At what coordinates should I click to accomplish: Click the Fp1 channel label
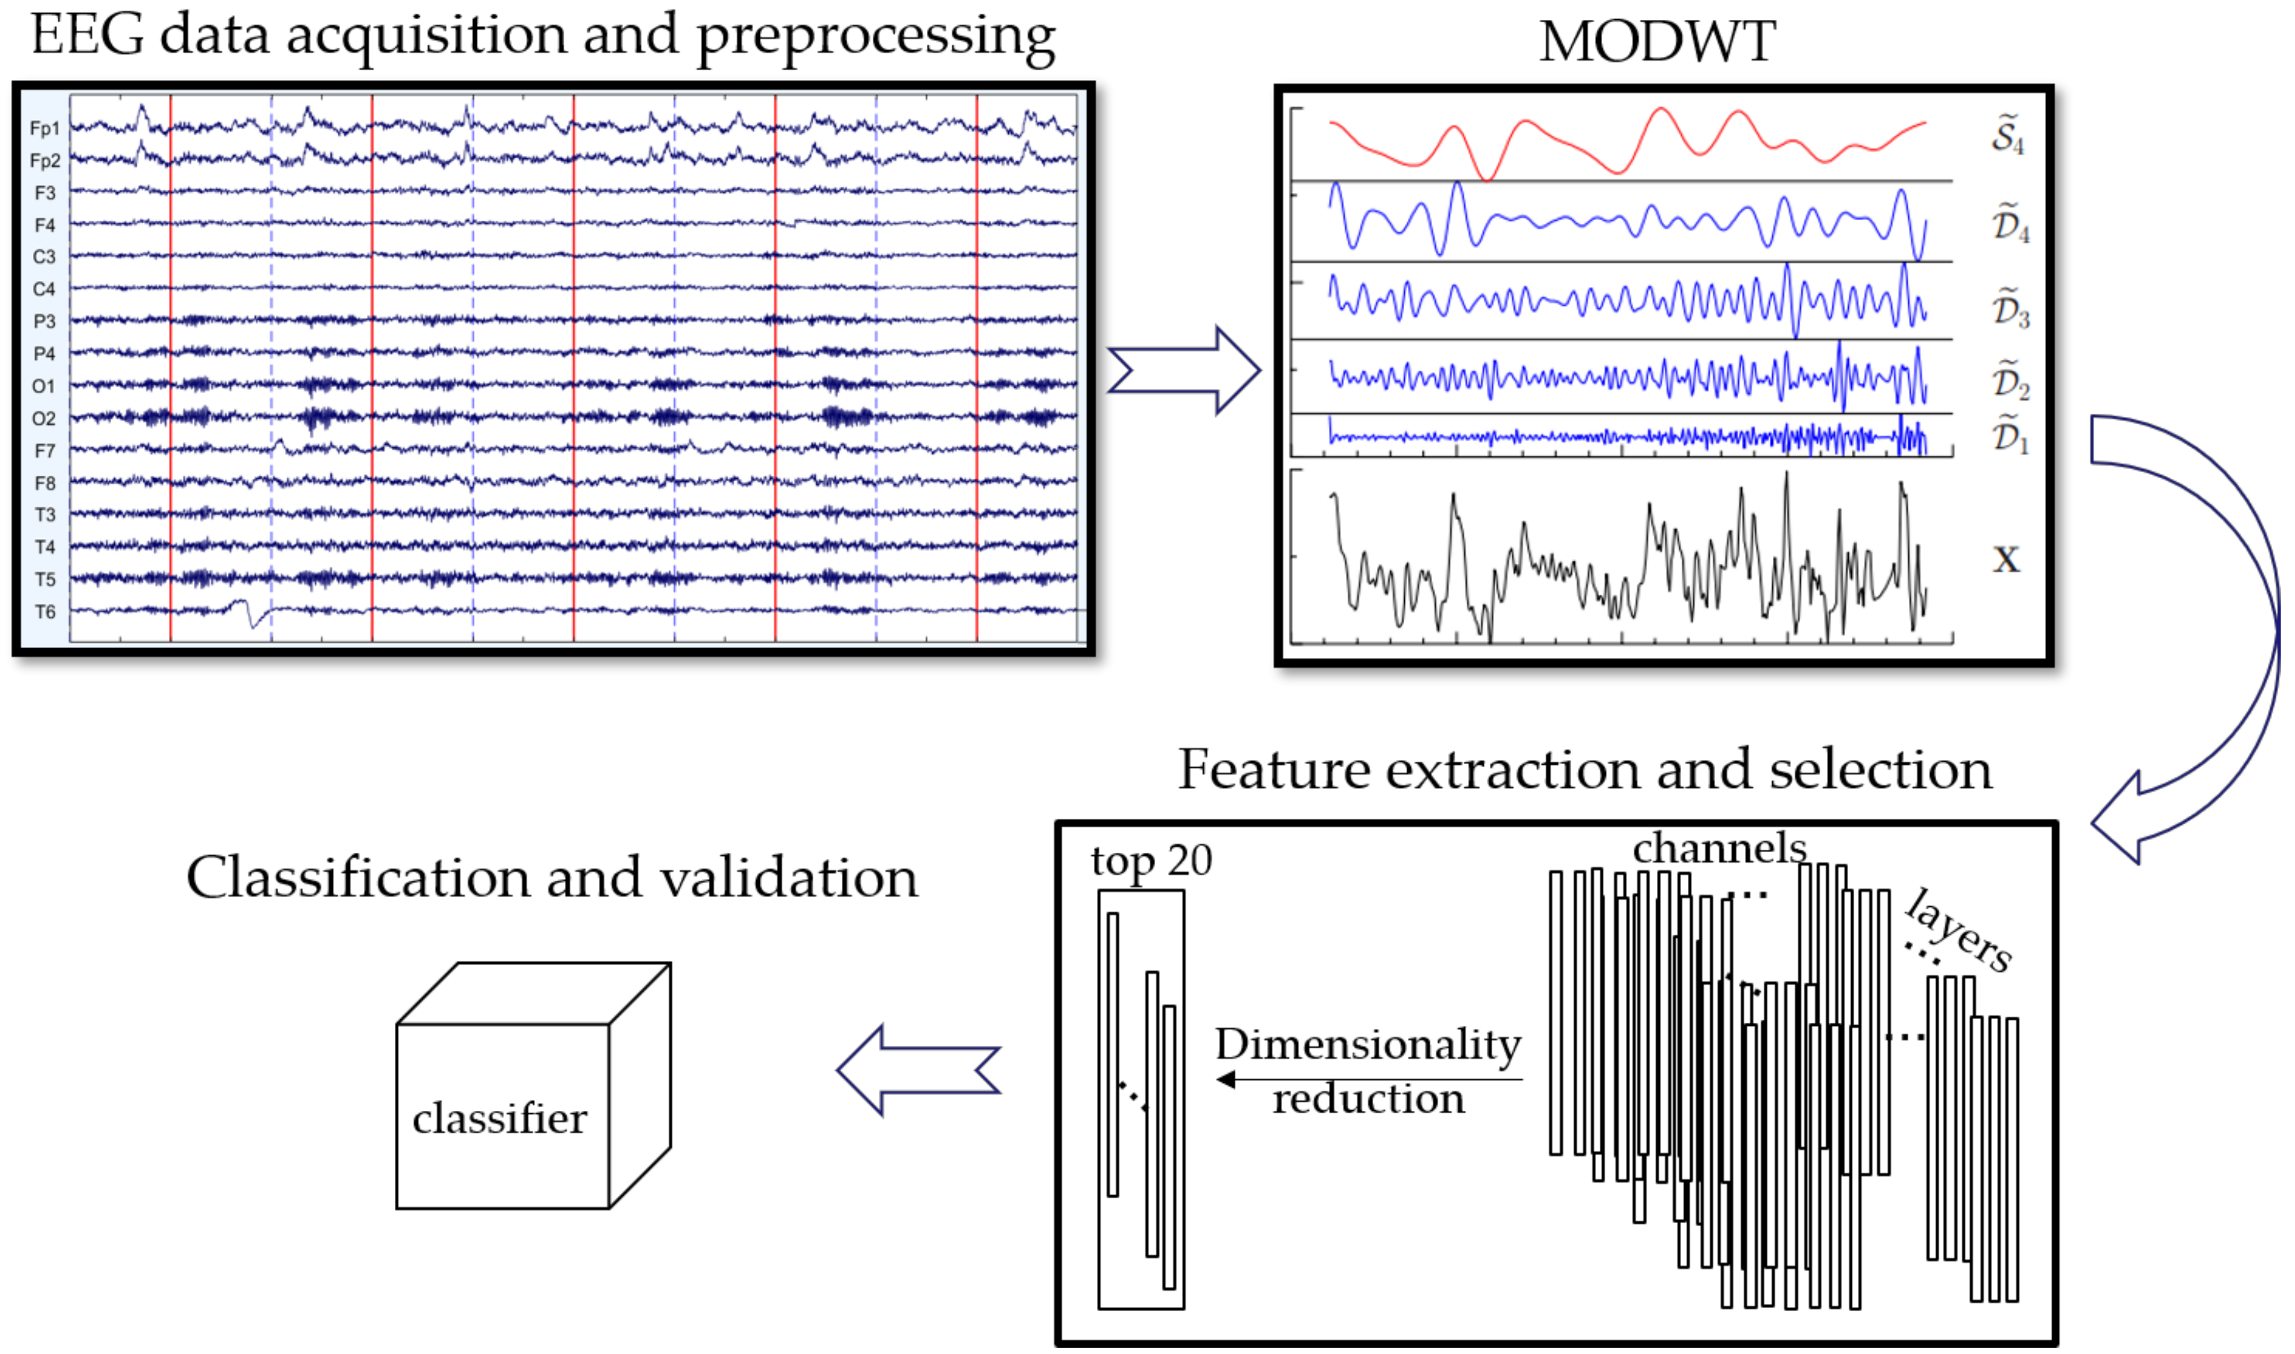click(44, 128)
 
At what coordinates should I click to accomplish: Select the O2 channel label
click(44, 419)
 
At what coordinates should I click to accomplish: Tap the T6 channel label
click(45, 612)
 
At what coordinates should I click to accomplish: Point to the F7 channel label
click(45, 452)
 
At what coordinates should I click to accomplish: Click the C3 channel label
click(44, 257)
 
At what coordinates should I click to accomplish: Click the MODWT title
click(1656, 42)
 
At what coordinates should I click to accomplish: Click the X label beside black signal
click(2006, 559)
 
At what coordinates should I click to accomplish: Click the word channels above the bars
click(1719, 848)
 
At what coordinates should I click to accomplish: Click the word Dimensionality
click(1368, 1044)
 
